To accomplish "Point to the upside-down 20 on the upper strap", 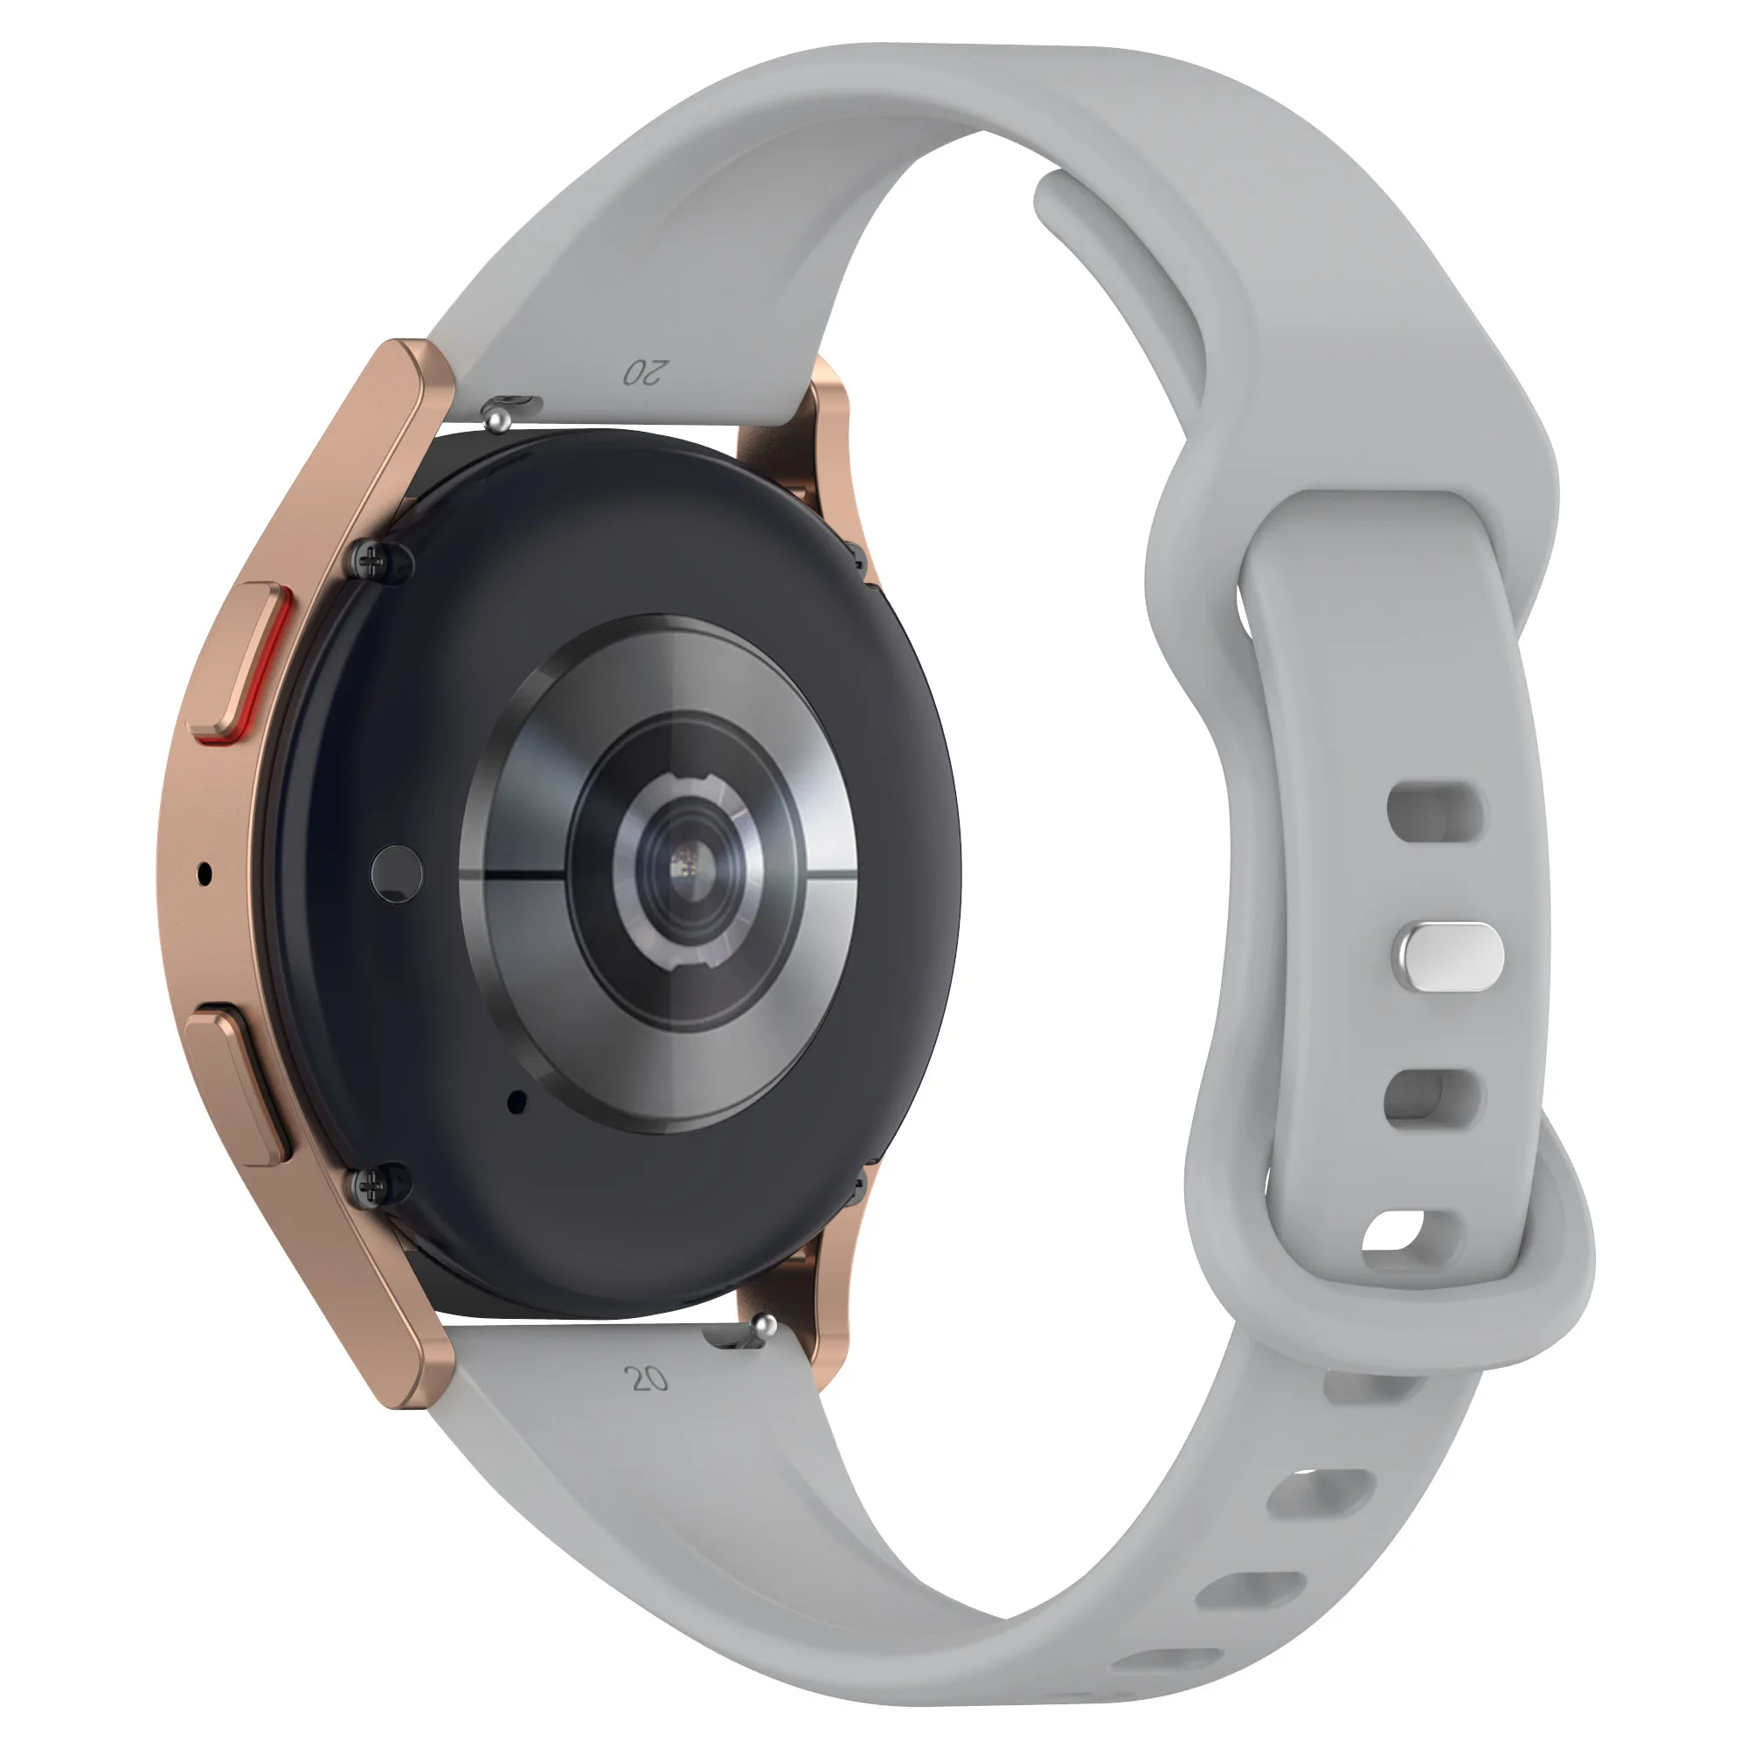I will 646,371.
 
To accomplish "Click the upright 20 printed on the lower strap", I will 646,1379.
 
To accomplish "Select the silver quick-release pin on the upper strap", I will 496,416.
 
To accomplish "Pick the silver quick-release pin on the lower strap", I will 765,1328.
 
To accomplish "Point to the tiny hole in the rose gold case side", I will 205,874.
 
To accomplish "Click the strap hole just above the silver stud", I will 1435,812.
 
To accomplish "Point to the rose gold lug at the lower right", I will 829,1312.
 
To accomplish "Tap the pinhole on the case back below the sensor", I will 517,1101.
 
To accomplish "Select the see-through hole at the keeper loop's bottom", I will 1394,1232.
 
